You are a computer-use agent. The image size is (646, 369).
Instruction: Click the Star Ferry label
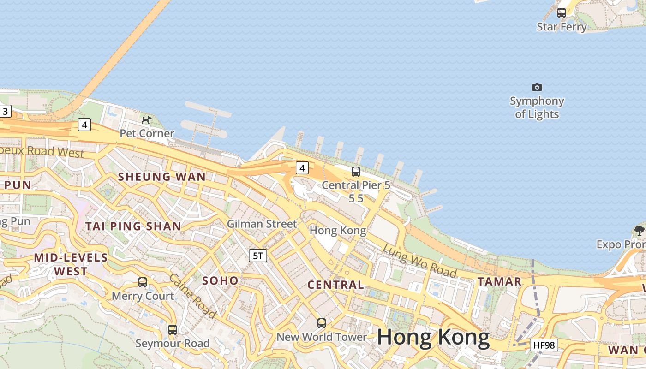[x=562, y=27]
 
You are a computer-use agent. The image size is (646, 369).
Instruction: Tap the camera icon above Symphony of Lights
[x=537, y=87]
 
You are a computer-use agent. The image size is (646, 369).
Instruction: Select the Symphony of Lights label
[x=537, y=107]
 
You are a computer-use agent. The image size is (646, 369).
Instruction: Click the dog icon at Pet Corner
[x=146, y=120]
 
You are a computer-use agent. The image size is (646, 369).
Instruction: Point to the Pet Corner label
[x=147, y=133]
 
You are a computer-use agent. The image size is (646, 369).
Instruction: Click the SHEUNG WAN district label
[x=162, y=176]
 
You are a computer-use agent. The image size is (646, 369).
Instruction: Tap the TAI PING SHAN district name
[x=133, y=226]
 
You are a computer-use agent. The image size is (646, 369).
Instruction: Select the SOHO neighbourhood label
[x=221, y=280]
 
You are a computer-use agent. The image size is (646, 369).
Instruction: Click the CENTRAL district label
[x=335, y=285]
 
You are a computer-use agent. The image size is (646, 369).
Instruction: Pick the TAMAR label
[x=499, y=281]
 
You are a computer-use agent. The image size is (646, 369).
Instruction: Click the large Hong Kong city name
[x=433, y=338]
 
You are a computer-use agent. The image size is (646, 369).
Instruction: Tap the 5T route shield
[x=258, y=255]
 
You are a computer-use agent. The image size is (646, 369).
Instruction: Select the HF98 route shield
[x=544, y=345]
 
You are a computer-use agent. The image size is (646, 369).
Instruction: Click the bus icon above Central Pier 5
[x=356, y=172]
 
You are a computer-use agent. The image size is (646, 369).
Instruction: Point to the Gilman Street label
[x=262, y=224]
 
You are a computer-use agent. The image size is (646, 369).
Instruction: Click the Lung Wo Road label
[x=419, y=261]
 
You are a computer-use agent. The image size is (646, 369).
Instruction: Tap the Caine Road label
[x=192, y=296]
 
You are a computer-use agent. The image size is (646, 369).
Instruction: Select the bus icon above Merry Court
[x=143, y=282]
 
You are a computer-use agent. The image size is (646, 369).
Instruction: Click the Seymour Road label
[x=173, y=343]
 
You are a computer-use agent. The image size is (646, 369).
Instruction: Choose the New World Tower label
[x=322, y=337]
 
